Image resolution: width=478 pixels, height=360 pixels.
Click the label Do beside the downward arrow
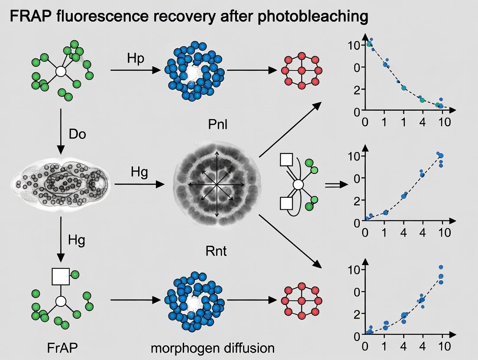78,134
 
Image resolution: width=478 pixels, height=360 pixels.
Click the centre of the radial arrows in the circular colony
216,185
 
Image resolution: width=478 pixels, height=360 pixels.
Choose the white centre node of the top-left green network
61,71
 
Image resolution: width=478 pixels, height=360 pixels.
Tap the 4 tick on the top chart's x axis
423,122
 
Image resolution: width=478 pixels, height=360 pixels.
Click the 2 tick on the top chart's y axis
357,90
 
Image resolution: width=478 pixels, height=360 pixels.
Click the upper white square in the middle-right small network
287,159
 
